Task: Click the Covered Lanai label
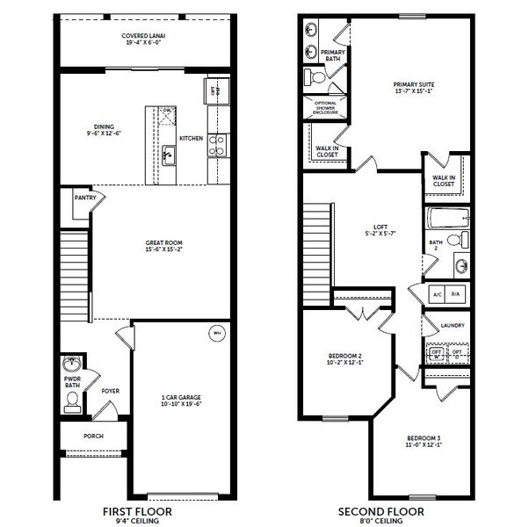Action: click(x=144, y=36)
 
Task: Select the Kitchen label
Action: click(x=191, y=139)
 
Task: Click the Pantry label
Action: click(x=84, y=199)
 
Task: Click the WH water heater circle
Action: click(x=215, y=332)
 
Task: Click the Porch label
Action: click(x=93, y=436)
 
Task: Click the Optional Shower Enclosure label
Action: click(x=326, y=108)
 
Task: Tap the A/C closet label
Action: click(x=435, y=294)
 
